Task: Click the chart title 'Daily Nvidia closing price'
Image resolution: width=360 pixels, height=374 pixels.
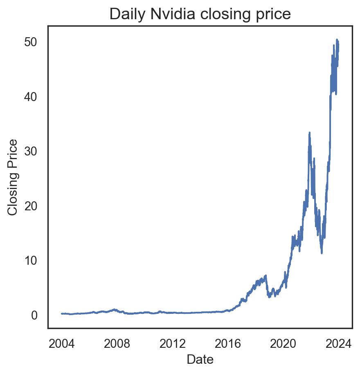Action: point(200,14)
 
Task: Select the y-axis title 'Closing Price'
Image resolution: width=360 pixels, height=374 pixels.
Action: point(13,177)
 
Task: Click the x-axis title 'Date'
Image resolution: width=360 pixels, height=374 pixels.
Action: point(200,359)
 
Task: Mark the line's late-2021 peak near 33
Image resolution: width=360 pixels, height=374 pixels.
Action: point(309,133)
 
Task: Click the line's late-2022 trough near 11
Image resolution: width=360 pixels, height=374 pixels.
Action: point(322,252)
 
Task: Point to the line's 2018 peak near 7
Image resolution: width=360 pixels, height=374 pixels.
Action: point(265,276)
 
